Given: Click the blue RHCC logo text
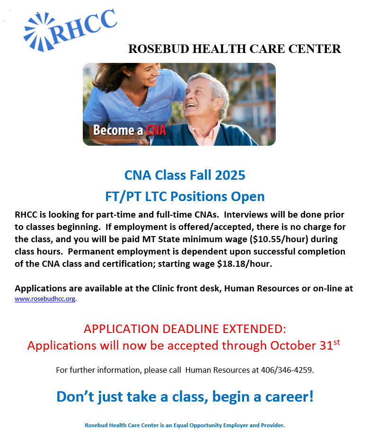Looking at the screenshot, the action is click(x=83, y=26).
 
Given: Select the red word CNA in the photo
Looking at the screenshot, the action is click(x=156, y=130).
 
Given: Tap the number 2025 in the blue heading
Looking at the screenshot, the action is click(x=230, y=175).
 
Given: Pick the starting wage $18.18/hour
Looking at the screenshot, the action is click(x=245, y=264).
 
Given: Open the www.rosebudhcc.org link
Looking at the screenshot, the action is click(x=45, y=299).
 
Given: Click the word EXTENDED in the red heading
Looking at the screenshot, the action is click(x=254, y=329).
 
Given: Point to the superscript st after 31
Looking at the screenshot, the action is click(x=337, y=342).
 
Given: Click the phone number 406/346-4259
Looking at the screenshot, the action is click(x=287, y=370).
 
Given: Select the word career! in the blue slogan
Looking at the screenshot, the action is click(x=289, y=397).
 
